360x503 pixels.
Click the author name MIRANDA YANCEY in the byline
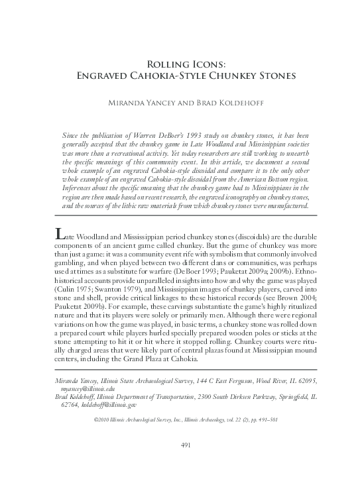141,104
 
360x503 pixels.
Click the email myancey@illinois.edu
87,388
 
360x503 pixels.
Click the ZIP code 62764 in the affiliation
70,404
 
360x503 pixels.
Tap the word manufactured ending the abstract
284,205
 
